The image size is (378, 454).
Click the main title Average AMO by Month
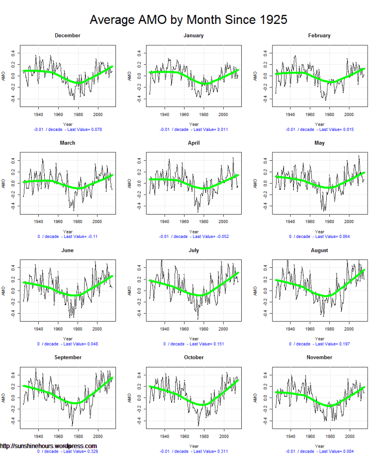[x=189, y=19]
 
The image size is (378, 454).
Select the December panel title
[x=68, y=35]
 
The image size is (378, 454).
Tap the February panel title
[x=319, y=35]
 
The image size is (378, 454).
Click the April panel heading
[x=193, y=143]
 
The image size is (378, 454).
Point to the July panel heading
[x=193, y=250]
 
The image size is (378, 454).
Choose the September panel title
[x=68, y=357]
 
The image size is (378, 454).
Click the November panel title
[x=319, y=357]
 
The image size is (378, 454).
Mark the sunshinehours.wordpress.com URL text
[x=48, y=446]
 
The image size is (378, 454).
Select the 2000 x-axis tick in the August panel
[x=350, y=329]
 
